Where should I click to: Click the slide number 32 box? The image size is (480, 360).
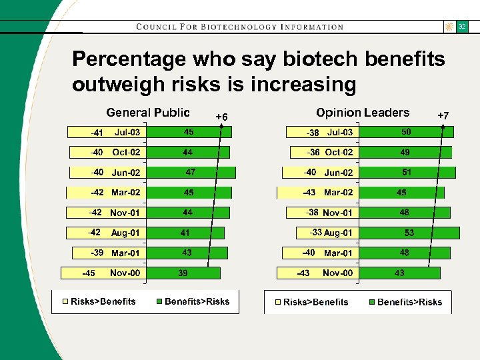tap(461, 27)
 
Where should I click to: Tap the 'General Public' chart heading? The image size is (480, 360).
tap(148, 113)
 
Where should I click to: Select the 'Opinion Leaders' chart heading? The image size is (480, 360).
tap(363, 113)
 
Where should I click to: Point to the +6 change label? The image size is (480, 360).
tap(222, 117)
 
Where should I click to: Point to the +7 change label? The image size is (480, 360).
tap(443, 116)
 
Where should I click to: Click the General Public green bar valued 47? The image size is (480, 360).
tap(191, 173)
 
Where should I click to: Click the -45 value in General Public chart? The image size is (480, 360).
tap(88, 273)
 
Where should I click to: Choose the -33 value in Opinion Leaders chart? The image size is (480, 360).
tap(315, 233)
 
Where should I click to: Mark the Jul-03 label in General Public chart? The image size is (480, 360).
tap(127, 133)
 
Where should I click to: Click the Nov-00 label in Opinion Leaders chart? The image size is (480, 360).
tap(338, 273)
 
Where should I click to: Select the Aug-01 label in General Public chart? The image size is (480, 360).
tap(125, 233)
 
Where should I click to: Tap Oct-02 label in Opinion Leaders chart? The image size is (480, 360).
tap(339, 153)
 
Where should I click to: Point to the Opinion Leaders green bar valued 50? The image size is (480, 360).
tap(405, 133)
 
